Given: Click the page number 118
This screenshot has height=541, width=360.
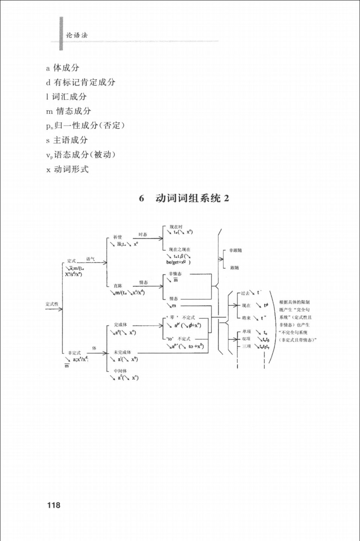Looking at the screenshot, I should [x=54, y=505].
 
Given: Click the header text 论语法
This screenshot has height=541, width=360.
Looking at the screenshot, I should [x=77, y=35].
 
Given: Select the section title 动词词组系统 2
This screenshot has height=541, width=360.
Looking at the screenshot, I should [x=184, y=198].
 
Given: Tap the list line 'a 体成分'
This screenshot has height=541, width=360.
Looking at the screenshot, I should [x=63, y=68].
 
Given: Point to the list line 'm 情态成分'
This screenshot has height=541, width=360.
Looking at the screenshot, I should [x=68, y=111].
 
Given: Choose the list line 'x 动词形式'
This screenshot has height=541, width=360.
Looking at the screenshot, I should [x=67, y=169].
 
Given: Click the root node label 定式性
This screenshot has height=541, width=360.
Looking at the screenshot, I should [x=52, y=304].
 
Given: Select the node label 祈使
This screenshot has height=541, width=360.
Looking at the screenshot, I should [x=118, y=237].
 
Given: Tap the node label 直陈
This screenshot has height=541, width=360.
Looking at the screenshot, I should [x=118, y=286].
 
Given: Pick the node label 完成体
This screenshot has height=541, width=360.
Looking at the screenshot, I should [x=120, y=325].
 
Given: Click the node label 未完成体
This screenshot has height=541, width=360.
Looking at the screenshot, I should [x=122, y=353].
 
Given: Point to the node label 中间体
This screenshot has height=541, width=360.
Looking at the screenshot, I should [x=120, y=371].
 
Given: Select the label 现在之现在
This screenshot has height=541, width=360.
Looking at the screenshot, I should [x=180, y=249].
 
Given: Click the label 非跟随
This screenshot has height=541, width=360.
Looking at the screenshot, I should [x=236, y=250].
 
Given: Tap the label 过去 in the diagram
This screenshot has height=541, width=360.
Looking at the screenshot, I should [x=245, y=293].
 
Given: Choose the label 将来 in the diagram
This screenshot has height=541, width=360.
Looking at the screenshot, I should [x=246, y=318].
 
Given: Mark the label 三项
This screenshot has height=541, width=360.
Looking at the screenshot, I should [x=246, y=346].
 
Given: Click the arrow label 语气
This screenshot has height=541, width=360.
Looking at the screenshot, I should [x=91, y=259].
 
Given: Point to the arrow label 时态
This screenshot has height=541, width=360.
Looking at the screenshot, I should [x=143, y=234].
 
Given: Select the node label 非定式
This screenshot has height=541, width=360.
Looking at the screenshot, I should [x=74, y=353].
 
